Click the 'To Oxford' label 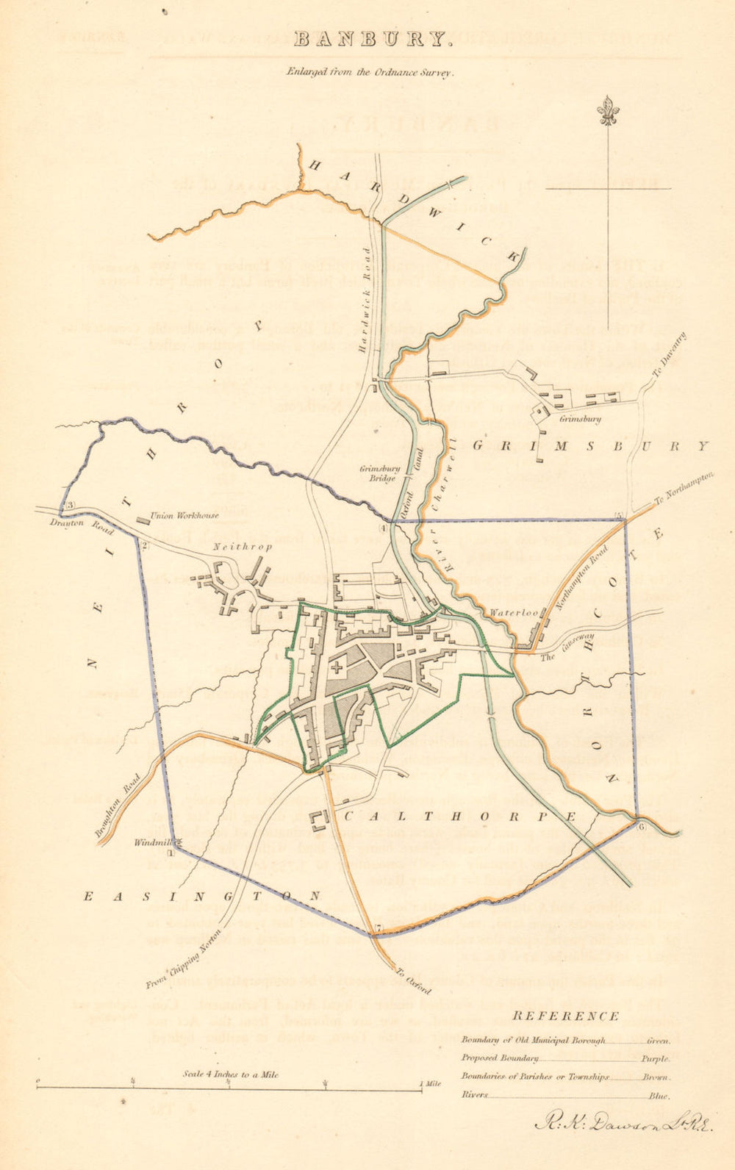click(412, 980)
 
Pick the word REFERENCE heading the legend click(565, 1017)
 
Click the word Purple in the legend click(657, 1059)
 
